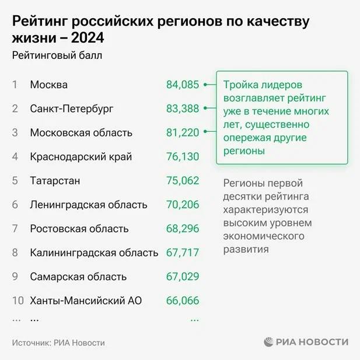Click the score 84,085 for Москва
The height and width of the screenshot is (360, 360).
[183, 85]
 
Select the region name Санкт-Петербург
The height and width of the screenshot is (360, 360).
[71, 109]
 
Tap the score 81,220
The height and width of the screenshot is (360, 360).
[183, 132]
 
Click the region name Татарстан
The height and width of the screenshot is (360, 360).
[55, 180]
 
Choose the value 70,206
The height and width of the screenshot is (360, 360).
[183, 204]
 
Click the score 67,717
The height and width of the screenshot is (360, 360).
[183, 253]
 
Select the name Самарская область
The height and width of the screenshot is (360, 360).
[78, 277]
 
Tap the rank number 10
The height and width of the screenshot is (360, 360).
[18, 300]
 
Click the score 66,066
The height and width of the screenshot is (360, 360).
[183, 300]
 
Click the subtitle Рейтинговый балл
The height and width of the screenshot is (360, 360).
[57, 56]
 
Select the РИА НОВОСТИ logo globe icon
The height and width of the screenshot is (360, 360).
[267, 342]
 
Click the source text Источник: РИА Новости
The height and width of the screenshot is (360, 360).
[58, 342]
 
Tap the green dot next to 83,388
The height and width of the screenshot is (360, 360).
[206, 109]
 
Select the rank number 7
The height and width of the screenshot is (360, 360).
[15, 228]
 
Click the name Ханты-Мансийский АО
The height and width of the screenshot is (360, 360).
[86, 300]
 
